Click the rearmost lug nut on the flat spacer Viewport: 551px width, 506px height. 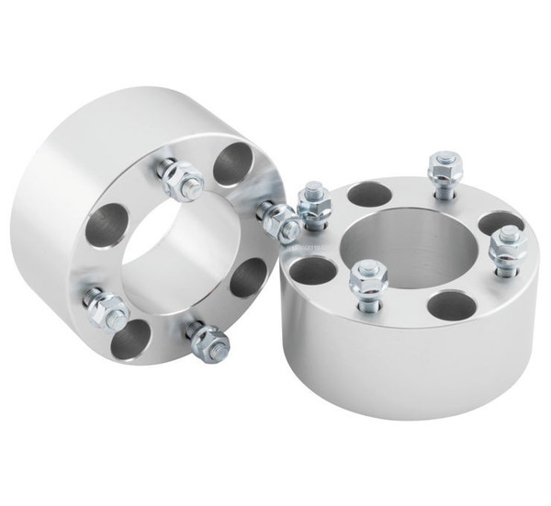(439, 171)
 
